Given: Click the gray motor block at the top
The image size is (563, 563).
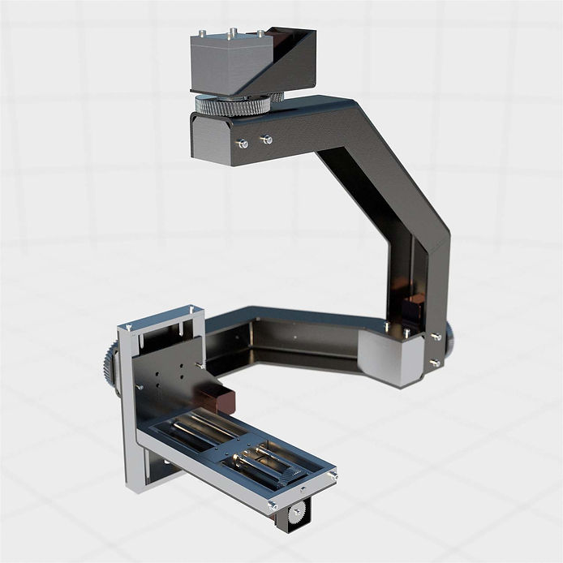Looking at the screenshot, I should pos(223,63).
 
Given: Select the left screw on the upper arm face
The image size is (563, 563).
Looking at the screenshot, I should pos(242,143).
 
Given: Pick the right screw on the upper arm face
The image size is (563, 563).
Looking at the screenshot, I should pos(266,140).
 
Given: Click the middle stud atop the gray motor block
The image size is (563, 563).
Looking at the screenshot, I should pos(232,33).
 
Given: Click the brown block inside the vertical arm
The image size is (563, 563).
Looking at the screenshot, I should pos(413,309).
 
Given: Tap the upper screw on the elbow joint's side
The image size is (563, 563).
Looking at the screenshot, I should pos(436,336).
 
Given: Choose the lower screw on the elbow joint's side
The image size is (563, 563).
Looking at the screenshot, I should pos(436,363).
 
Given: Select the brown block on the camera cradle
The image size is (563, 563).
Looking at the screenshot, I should pos(217,399).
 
